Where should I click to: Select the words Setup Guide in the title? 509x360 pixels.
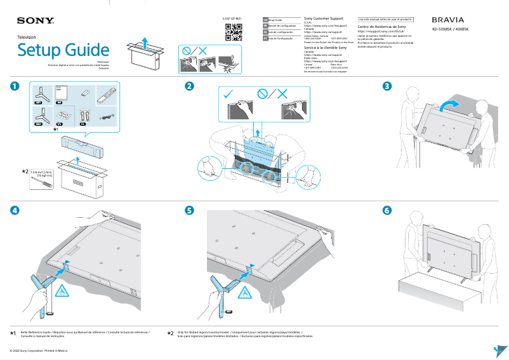pyautogui.click(x=63, y=50)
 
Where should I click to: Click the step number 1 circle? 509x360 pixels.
pyautogui.click(x=15, y=86)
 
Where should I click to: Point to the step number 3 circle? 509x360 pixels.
pyautogui.click(x=387, y=86)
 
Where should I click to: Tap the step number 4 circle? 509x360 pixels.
pyautogui.click(x=15, y=211)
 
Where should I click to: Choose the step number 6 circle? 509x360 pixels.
pyautogui.click(x=387, y=211)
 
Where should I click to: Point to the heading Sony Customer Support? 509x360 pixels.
pyautogui.click(x=326, y=19)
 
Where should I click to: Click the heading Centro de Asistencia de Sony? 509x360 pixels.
pyautogui.click(x=382, y=27)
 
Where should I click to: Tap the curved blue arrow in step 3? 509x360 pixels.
pyautogui.click(x=453, y=103)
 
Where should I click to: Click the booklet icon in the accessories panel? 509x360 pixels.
pyautogui.click(x=62, y=93)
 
